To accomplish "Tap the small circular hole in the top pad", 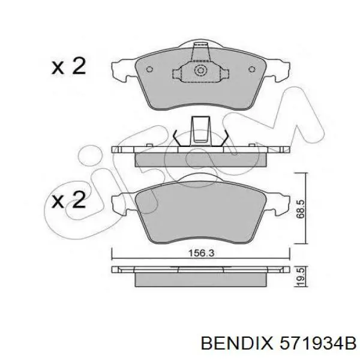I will click(x=200, y=70).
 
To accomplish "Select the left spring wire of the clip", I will click(x=175, y=137).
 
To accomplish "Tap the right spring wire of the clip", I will click(x=224, y=137).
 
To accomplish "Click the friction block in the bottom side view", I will click(x=200, y=280).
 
